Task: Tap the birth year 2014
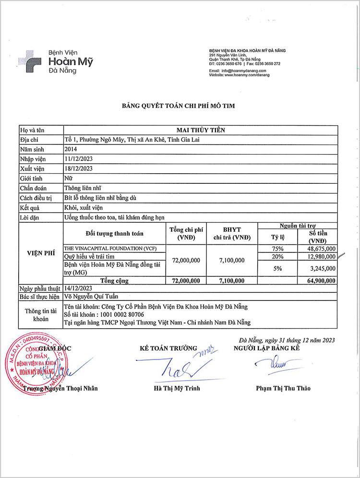pyautogui.click(x=71, y=149)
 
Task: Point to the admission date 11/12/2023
pyautogui.click(x=78, y=159)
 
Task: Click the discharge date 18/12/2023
pyautogui.click(x=78, y=168)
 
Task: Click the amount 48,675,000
pyautogui.click(x=320, y=249)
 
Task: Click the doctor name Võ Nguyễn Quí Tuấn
pyautogui.click(x=92, y=297)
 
